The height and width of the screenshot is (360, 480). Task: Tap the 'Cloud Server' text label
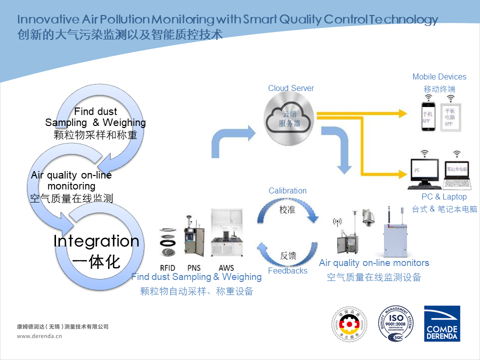pos(291,88)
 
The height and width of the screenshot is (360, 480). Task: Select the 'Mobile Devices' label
pos(439,77)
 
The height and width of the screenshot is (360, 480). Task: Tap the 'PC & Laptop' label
pos(444,197)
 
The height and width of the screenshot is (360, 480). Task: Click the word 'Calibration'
pos(287,191)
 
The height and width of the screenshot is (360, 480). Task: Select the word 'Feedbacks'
pos(287,271)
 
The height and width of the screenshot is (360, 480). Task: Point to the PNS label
pos(194,268)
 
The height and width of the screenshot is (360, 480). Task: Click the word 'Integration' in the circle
pos(96,241)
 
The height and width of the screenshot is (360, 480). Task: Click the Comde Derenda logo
pos(441,323)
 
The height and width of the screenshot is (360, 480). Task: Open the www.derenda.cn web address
pos(39,336)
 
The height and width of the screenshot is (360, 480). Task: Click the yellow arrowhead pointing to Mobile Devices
pos(402,113)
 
